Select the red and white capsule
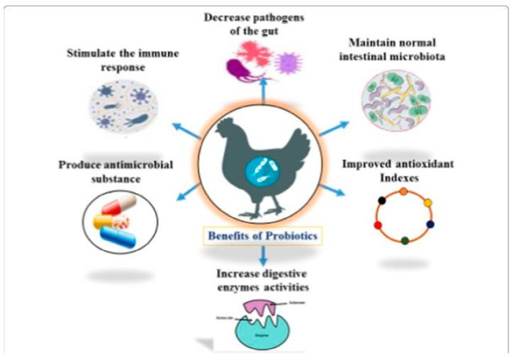pyautogui.click(x=118, y=206)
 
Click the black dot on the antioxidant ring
pyautogui.click(x=383, y=202)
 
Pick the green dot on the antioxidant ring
pyautogui.click(x=404, y=241)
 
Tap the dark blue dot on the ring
pyautogui.click(x=430, y=225)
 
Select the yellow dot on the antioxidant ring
pyautogui.click(x=427, y=201)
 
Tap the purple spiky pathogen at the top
pyautogui.click(x=286, y=58)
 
